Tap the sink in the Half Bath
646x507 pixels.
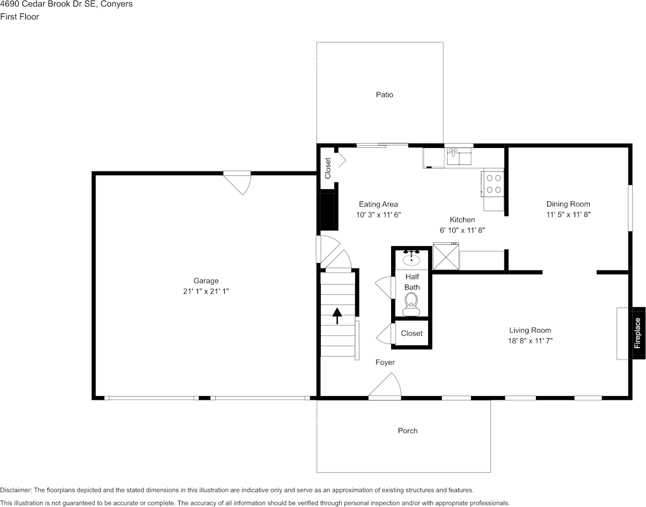coord(412,258)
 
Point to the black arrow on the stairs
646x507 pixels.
coord(337,316)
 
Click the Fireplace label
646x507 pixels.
coord(638,333)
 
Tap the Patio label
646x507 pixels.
coord(384,95)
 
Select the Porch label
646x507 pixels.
coord(407,431)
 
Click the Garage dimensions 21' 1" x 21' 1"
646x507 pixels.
coord(206,291)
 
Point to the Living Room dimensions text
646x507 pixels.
coord(530,340)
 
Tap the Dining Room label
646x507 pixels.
coord(568,204)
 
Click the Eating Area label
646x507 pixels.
coord(378,204)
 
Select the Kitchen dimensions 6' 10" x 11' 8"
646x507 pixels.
coord(462,230)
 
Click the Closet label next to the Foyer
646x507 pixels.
coord(412,333)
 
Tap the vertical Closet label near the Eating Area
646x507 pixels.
coord(328,168)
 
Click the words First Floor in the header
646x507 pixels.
coord(20,17)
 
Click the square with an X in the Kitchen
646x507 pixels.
coord(446,257)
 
